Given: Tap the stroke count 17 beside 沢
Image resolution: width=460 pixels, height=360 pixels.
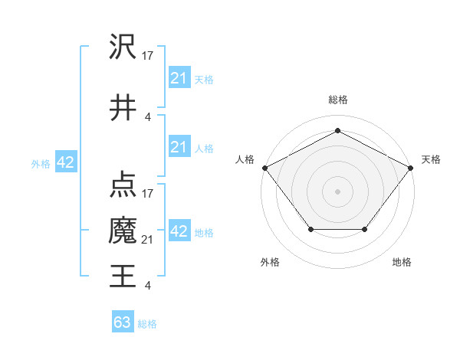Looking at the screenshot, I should click(148, 55).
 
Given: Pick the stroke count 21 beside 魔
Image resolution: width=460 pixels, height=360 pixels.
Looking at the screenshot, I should click(148, 240).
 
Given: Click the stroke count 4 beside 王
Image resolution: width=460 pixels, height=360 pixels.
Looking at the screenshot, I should click(148, 286).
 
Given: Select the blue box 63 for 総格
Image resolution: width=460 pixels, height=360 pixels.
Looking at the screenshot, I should click(122, 322).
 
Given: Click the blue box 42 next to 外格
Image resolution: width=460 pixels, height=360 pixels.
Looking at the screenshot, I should click(65, 162).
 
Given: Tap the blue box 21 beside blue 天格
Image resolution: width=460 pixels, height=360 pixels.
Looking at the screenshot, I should click(179, 78).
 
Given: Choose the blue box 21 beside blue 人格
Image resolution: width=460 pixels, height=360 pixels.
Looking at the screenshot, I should click(179, 147).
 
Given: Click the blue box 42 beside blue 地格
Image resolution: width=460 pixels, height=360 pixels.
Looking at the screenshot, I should click(179, 231).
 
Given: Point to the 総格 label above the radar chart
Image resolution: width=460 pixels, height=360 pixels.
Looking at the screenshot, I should click(337, 100).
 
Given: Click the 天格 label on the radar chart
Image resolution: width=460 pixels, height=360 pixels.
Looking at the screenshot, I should click(431, 159).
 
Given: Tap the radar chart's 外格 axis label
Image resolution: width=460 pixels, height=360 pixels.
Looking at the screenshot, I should click(270, 262).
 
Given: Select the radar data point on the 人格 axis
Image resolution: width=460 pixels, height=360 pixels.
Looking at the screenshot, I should click(264, 167).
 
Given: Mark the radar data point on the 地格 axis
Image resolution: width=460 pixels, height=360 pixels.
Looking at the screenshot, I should click(364, 229).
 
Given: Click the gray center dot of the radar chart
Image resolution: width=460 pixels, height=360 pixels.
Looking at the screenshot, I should click(337, 191).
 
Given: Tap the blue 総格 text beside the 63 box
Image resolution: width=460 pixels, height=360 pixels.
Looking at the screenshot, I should click(147, 324).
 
